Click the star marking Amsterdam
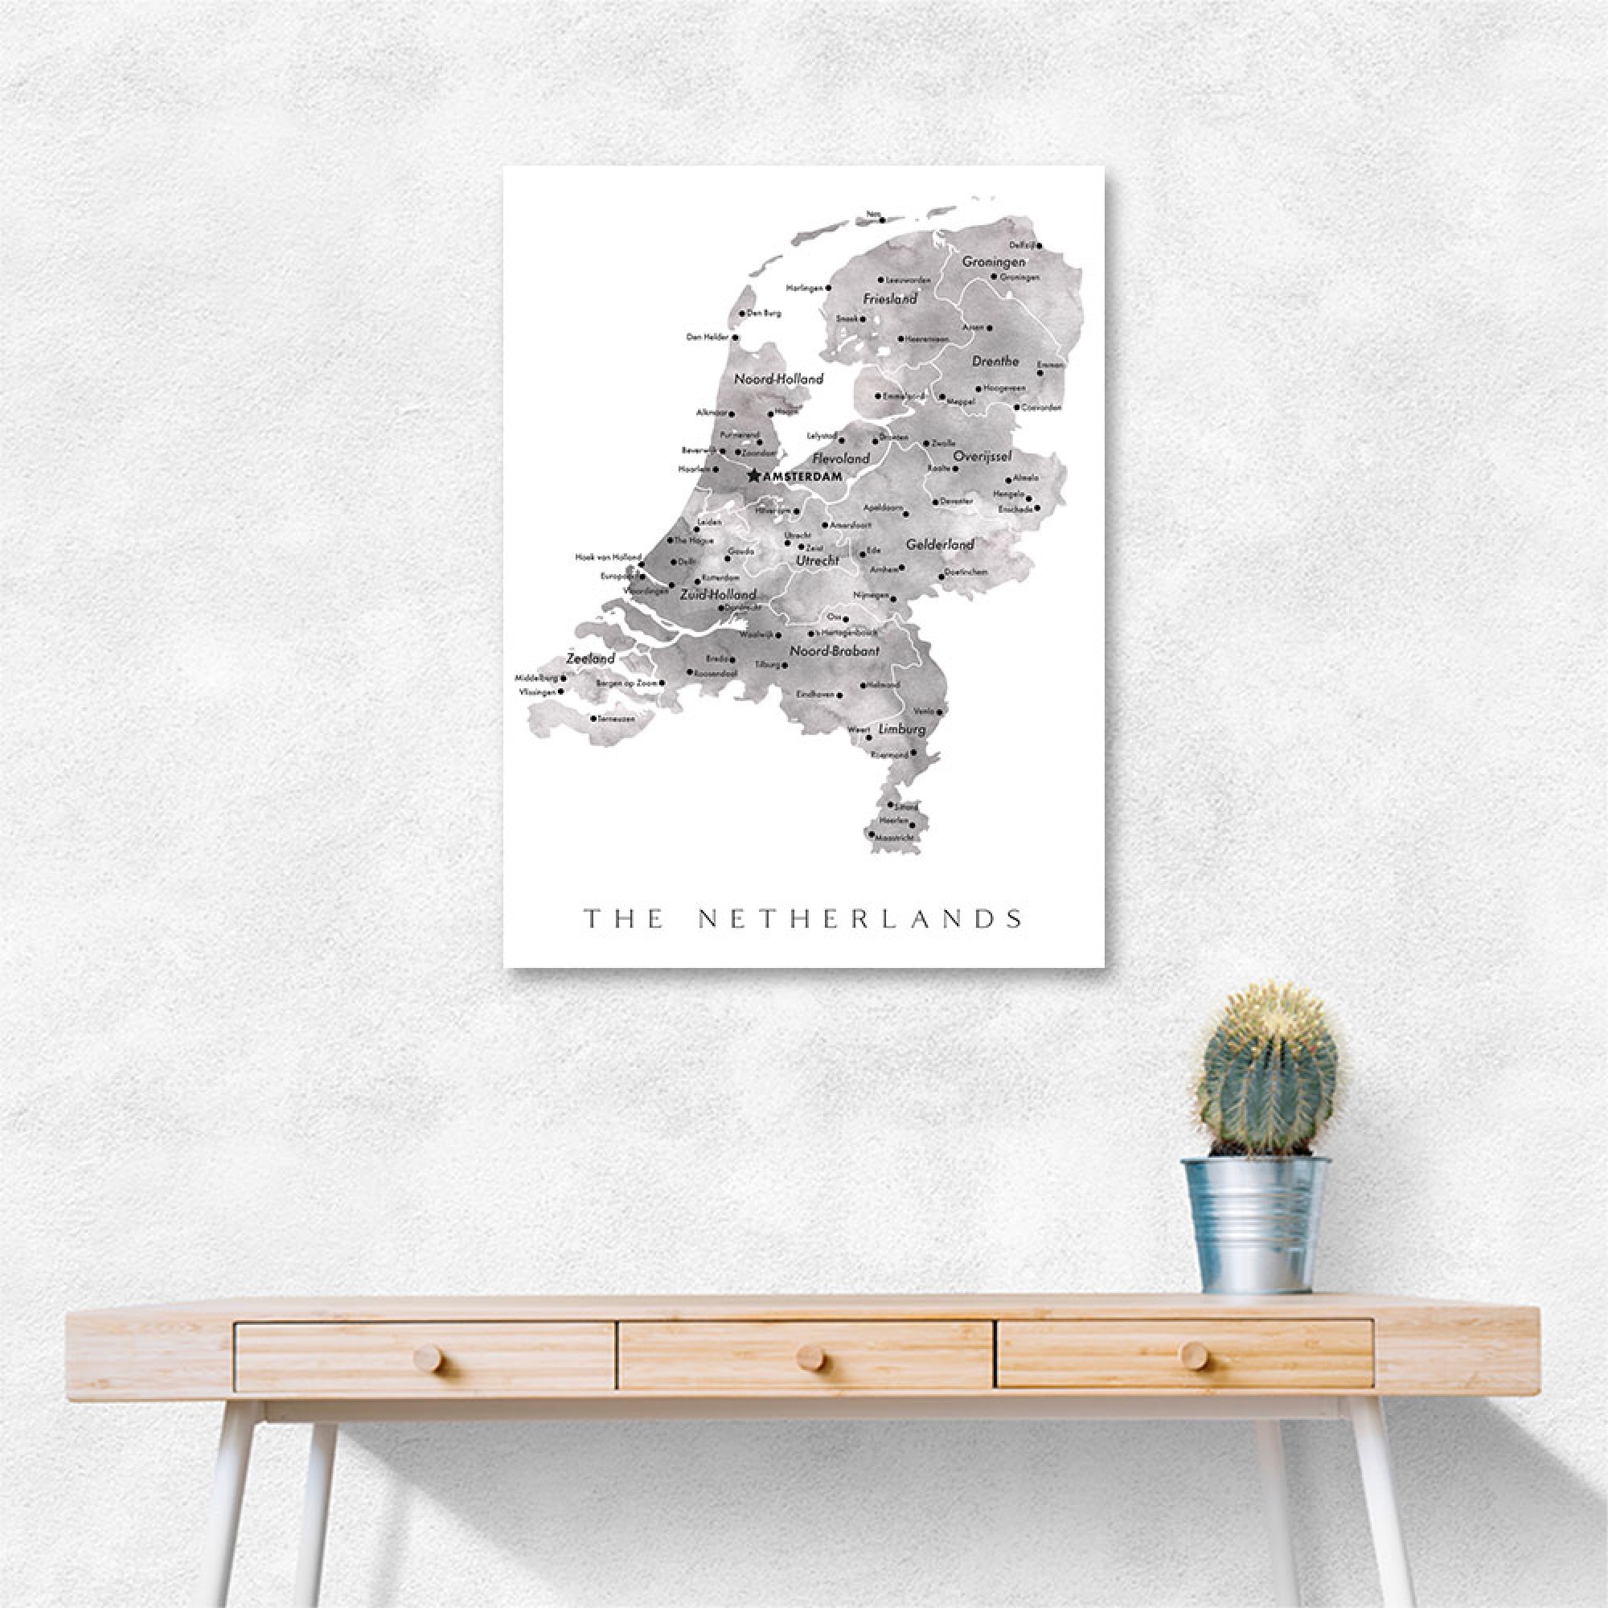coord(754,476)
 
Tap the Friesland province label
coord(890,298)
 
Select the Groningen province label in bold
coord(993,261)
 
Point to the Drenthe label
coord(995,361)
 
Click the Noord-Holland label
coord(778,379)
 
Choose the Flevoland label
coord(841,457)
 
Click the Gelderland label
coord(940,544)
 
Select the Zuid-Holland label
coord(718,594)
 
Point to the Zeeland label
coord(590,658)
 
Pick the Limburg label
coord(900,729)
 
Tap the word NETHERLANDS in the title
coord(859,919)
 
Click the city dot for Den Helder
coord(735,338)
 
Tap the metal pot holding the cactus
coord(1257,1222)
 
